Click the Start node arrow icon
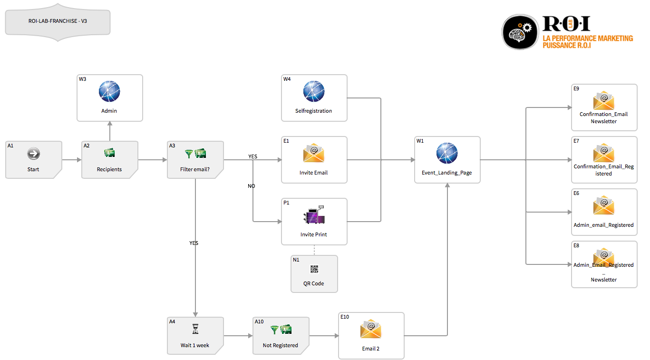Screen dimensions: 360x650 (x=33, y=153)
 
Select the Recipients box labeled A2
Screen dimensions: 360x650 (x=109, y=160)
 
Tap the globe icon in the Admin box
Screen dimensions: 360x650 (x=109, y=91)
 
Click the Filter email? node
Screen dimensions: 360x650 (x=195, y=160)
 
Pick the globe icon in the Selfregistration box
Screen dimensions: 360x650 (x=314, y=91)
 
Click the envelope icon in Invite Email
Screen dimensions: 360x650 (x=314, y=153)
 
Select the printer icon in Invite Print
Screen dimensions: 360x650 (x=314, y=215)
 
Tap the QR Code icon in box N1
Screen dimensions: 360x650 (x=314, y=269)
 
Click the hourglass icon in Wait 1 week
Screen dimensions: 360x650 (x=195, y=329)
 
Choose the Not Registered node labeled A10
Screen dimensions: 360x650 (x=281, y=336)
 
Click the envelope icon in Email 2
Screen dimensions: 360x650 (x=371, y=329)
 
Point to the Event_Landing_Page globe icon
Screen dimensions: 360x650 (x=447, y=153)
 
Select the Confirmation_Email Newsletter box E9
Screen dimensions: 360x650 (x=604, y=107)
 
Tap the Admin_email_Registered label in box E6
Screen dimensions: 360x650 (x=604, y=225)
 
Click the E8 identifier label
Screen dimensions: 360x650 (x=576, y=245)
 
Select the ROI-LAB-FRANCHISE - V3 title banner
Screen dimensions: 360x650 (x=58, y=22)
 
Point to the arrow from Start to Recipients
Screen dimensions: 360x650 (x=71, y=160)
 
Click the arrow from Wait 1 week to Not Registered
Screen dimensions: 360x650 (x=238, y=336)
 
